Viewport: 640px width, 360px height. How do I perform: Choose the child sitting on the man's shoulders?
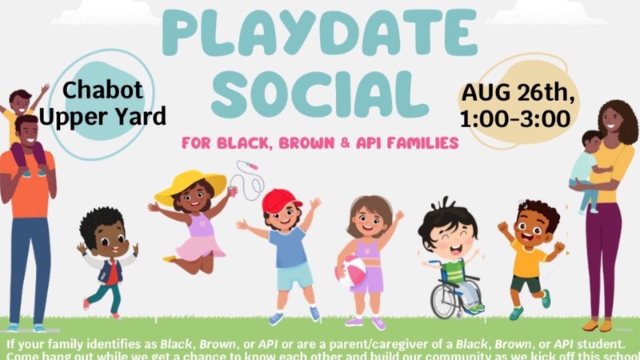click(24, 120)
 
